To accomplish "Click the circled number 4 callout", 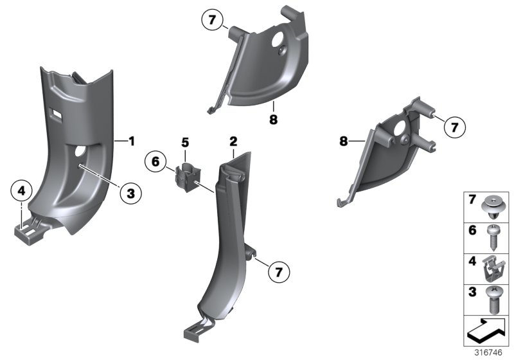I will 21,190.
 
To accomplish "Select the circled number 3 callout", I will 130,192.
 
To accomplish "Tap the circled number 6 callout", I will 155,161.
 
